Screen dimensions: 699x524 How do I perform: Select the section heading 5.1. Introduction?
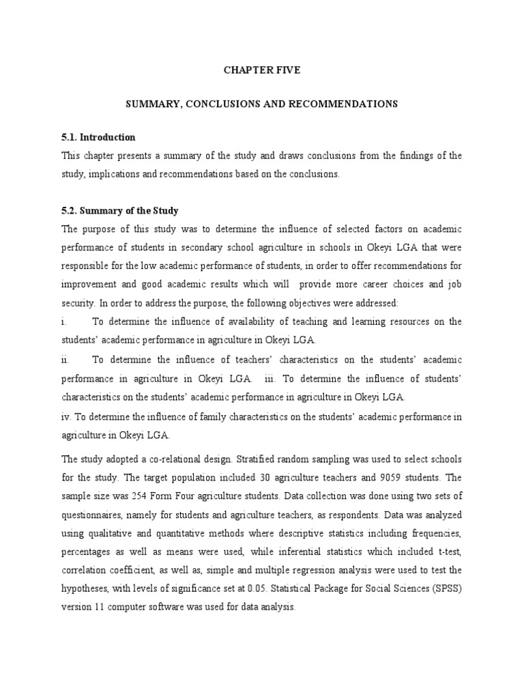[98, 137]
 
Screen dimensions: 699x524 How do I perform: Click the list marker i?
[63, 322]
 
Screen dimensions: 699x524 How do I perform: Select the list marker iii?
[270, 378]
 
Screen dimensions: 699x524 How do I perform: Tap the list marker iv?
[66, 416]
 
